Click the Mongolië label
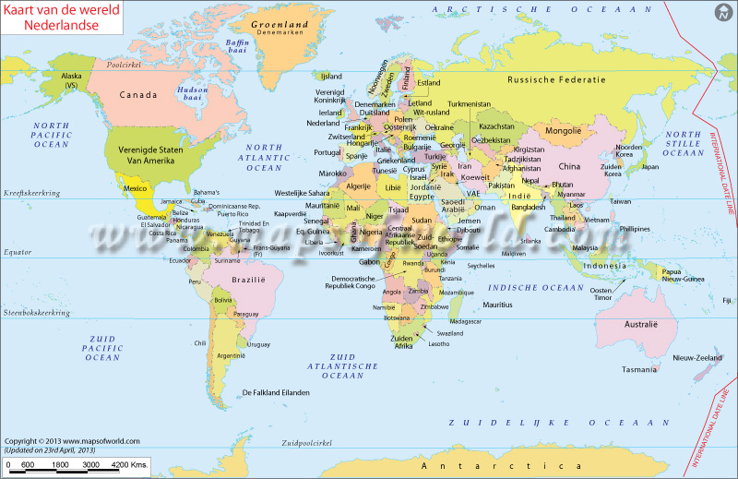pyautogui.click(x=564, y=131)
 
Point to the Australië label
pyautogui.click(x=641, y=325)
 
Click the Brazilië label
pyautogui.click(x=249, y=279)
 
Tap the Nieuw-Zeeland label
pyautogui.click(x=696, y=357)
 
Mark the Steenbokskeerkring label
pyautogui.click(x=37, y=313)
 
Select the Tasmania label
pyautogui.click(x=639, y=369)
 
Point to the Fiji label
pyautogui.click(x=727, y=300)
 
